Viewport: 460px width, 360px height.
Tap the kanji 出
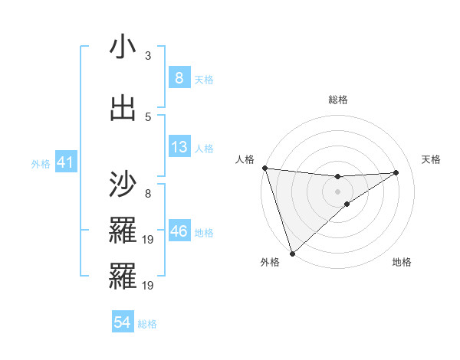pos(123,109)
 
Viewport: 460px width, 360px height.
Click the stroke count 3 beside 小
pos(148,56)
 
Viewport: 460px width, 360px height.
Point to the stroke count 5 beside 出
pos(148,116)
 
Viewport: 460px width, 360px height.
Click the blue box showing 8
pos(179,78)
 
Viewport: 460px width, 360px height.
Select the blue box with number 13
pos(179,148)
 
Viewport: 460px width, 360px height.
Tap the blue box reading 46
pos(179,231)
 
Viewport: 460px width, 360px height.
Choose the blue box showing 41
pos(64,163)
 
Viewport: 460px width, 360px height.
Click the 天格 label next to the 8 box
pos(204,79)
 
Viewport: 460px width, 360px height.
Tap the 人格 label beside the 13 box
pos(204,149)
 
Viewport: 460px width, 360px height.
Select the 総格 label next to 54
pos(147,324)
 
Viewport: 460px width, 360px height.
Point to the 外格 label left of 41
pos(41,164)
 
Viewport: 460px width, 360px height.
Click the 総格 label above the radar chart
pos(337,100)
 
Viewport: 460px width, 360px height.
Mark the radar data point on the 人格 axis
pos(264,168)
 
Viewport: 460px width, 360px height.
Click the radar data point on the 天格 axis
pos(396,172)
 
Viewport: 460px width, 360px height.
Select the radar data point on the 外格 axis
pos(292,253)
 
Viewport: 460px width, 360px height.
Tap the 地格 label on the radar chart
pos(402,262)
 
